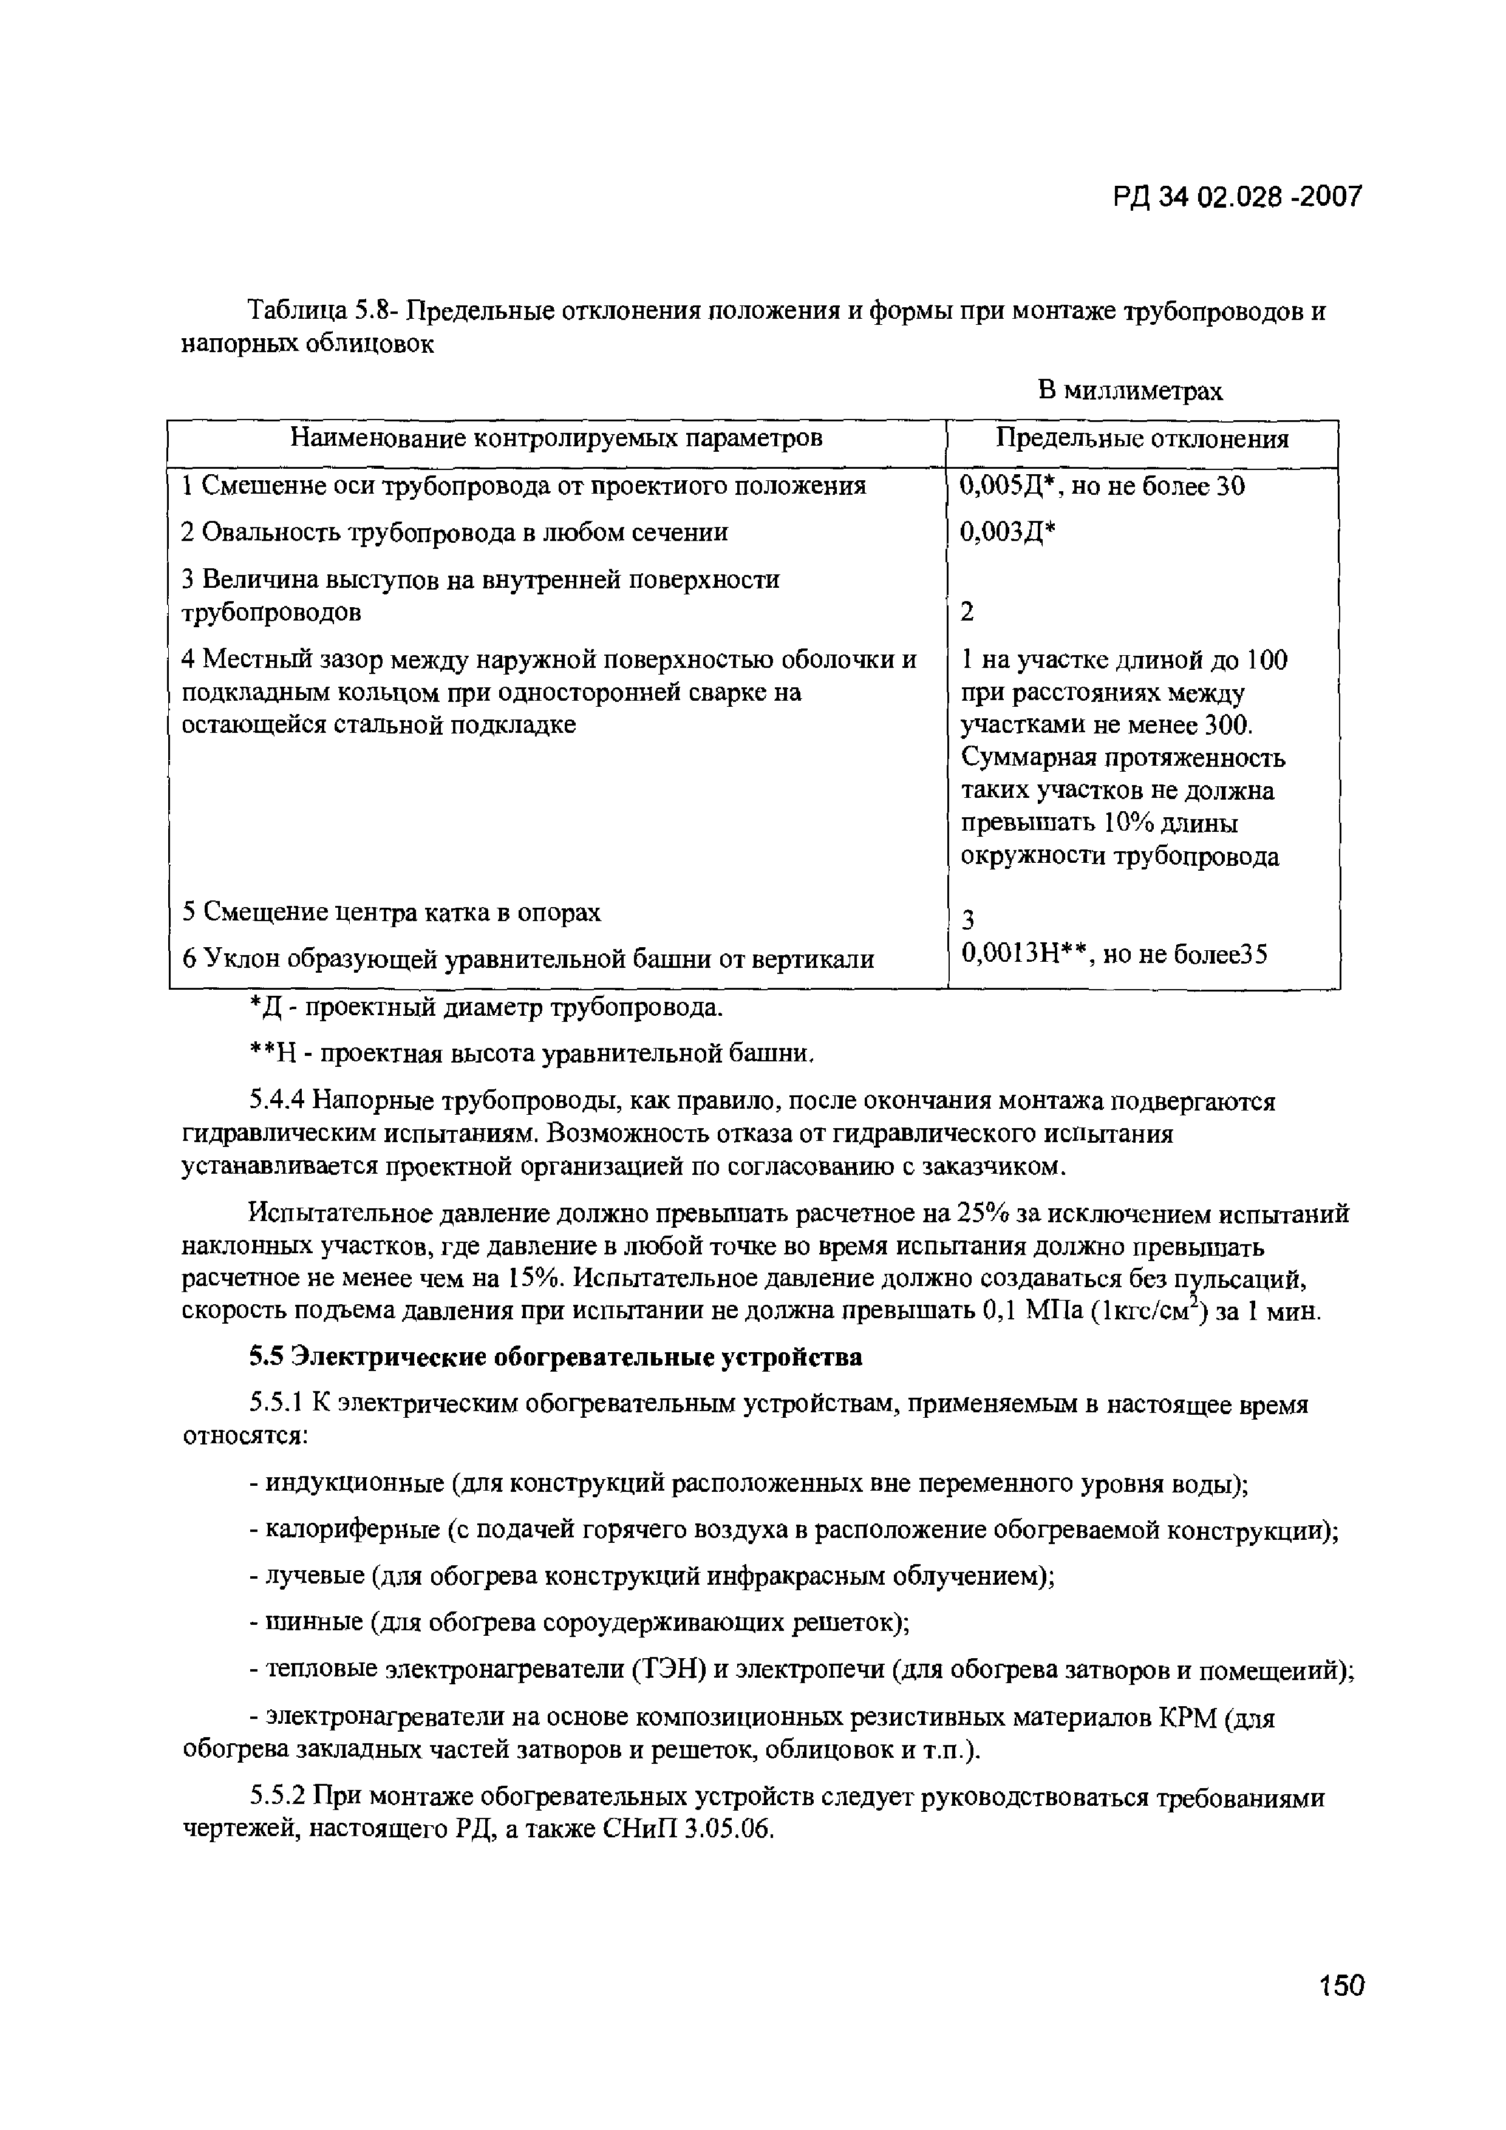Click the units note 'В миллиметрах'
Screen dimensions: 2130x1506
pyautogui.click(x=1129, y=390)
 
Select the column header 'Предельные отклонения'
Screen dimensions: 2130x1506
pyautogui.click(x=1142, y=439)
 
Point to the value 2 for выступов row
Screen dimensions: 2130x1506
pyautogui.click(x=968, y=612)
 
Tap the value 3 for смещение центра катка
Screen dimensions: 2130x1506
pyautogui.click(x=968, y=919)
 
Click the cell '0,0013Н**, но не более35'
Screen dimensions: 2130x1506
pyautogui.click(x=1114, y=954)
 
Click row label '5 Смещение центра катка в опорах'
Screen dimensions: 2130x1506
pyautogui.click(x=392, y=912)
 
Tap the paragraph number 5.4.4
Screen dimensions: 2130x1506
pyautogui.click(x=276, y=1101)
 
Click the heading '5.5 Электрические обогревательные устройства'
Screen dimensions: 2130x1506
pyautogui.click(x=555, y=1357)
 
